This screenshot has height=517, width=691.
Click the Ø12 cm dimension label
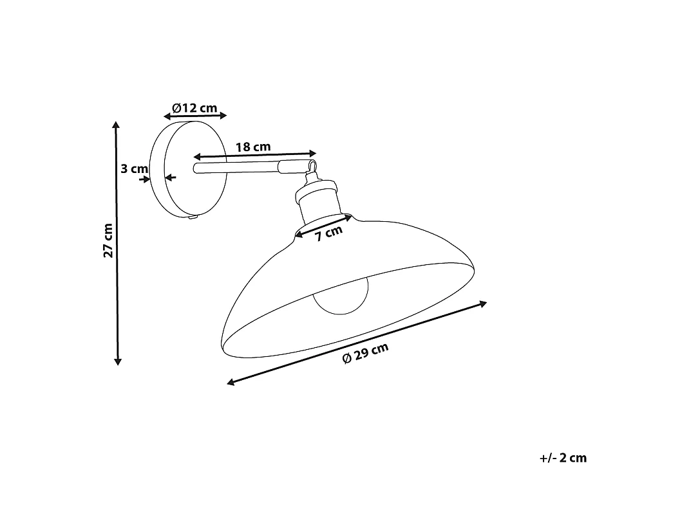pyautogui.click(x=194, y=108)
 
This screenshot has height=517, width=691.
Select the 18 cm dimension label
pyautogui.click(x=253, y=147)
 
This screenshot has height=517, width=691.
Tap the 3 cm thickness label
pyautogui.click(x=135, y=168)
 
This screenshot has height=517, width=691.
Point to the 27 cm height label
pyautogui.click(x=108, y=240)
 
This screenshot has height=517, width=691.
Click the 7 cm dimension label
pyautogui.click(x=328, y=233)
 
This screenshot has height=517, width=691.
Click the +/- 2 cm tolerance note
pyautogui.click(x=563, y=458)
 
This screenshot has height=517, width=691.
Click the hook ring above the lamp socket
pyautogui.click(x=312, y=167)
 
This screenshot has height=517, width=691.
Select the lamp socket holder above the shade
pyautogui.click(x=319, y=200)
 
